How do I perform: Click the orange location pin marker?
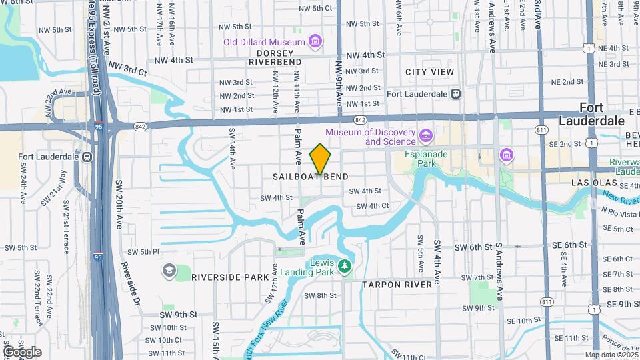321,159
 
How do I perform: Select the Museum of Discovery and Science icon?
426,137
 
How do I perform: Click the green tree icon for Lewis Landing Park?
345,267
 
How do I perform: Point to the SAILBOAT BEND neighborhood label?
311,177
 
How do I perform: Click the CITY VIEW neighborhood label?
429,72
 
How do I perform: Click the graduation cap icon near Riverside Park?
169,270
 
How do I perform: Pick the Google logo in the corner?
21,351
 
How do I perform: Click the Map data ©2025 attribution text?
611,355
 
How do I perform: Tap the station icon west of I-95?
86,157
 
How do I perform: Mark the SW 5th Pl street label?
146,252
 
